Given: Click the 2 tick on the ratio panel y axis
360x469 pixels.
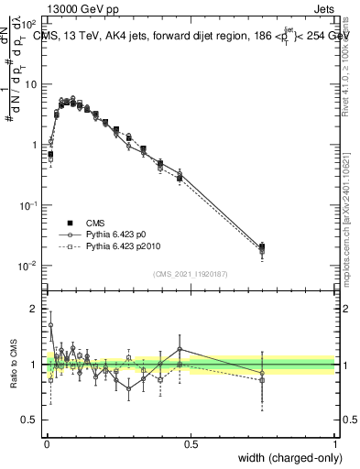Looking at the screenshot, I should coord(35,309).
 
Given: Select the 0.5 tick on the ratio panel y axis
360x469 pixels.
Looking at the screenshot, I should coord(32,420).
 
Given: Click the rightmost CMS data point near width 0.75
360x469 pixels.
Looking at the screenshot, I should coord(262,246).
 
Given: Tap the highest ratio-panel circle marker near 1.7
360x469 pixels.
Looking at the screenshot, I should coord(50,324).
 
